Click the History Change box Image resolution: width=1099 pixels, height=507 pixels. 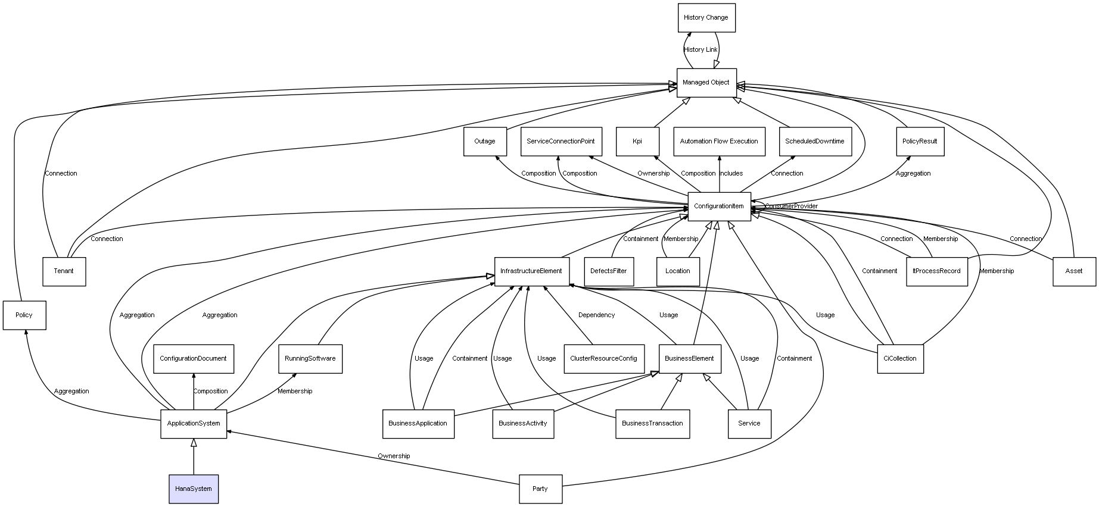point(706,18)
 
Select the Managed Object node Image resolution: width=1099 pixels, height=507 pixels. point(706,83)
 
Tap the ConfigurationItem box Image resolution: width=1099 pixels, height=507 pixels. point(719,206)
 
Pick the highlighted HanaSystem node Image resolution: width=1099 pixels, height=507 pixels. point(194,489)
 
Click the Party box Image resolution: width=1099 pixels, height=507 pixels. point(540,489)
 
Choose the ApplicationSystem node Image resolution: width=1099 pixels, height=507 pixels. point(194,424)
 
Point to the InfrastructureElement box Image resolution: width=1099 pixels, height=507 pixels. point(531,271)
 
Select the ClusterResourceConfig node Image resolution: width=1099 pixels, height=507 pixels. point(603,359)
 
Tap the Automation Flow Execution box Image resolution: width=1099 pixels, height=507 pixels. point(719,142)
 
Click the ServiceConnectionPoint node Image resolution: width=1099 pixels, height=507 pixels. point(561,142)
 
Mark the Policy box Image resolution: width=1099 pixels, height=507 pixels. point(24,315)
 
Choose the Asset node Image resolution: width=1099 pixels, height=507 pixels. point(1074,271)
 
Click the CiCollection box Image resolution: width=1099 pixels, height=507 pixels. point(900,359)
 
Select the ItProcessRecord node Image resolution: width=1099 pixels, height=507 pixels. point(936,271)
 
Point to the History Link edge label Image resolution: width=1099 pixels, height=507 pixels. point(701,50)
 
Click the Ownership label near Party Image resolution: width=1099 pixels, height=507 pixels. point(394,456)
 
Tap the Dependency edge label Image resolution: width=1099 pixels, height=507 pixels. point(596,315)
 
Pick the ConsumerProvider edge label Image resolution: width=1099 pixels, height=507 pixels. point(791,206)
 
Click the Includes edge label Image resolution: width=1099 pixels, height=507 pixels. point(731,174)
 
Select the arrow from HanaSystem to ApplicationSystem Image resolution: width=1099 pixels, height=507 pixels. point(194,456)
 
